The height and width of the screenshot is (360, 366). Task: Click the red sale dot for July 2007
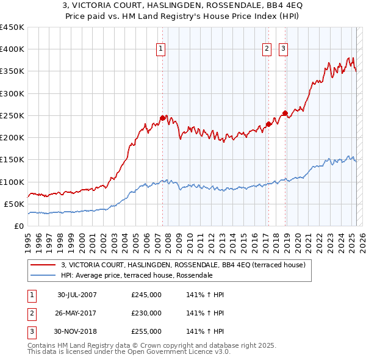[x=162, y=118]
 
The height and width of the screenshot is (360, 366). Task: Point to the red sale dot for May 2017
[x=268, y=124]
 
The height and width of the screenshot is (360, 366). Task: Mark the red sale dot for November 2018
[x=285, y=113]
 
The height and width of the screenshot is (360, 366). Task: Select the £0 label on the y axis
[x=18, y=226]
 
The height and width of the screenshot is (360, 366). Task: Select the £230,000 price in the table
[x=146, y=313]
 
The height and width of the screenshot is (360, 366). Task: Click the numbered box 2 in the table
[x=31, y=313]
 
